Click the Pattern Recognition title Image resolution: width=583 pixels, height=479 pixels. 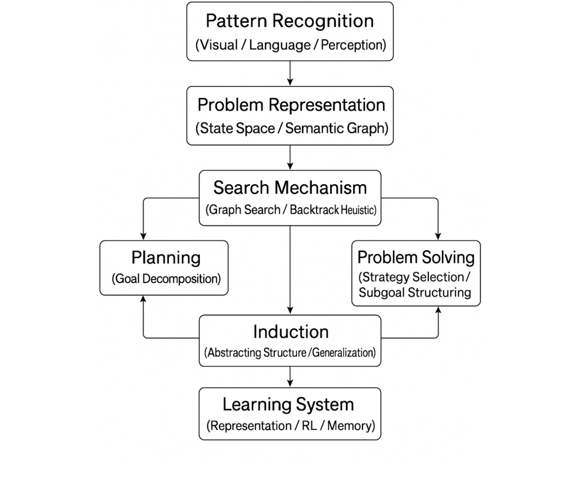coord(290,21)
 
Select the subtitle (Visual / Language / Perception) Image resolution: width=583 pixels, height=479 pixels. coord(290,45)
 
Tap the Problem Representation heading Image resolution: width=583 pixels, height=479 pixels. coord(291,105)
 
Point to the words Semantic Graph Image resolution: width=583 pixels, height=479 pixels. coord(336,128)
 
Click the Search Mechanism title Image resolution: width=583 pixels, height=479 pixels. coord(290,188)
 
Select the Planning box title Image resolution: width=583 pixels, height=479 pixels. coord(166,258)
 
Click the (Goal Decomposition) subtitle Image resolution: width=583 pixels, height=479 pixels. coord(166,279)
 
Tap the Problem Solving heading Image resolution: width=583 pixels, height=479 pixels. coord(416,257)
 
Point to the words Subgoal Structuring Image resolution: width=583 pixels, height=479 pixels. coord(415,293)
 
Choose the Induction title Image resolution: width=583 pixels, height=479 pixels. coord(290,332)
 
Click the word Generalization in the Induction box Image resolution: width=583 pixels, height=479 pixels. coord(343,353)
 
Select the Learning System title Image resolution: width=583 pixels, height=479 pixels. coord(288,405)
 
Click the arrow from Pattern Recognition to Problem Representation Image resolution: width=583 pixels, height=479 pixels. coord(290,73)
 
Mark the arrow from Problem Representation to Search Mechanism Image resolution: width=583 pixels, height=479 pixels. coord(290,157)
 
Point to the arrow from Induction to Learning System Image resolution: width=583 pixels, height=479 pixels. coord(290,377)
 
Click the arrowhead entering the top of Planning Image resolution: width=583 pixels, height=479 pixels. coord(144,235)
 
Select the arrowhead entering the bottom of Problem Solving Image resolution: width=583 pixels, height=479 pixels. coord(438,310)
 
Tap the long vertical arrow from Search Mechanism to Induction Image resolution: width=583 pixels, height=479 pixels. coord(290,268)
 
